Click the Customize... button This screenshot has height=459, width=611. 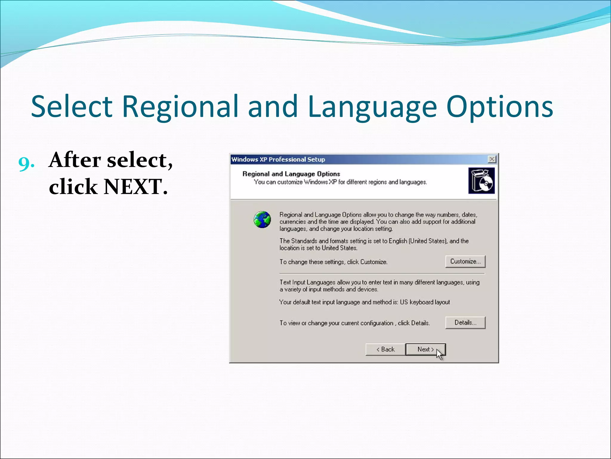pos(465,261)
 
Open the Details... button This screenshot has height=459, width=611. pos(465,323)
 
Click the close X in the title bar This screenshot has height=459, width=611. pos(492,159)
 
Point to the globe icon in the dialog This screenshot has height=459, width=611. pos(262,220)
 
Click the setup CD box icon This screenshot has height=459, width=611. pos(481,181)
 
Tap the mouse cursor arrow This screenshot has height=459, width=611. pos(439,354)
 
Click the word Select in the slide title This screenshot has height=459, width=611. pos(72,107)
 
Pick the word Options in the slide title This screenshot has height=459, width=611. pos(500,107)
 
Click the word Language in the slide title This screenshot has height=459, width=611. pos(372,107)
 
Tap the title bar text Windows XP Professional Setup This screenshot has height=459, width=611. pos(278,159)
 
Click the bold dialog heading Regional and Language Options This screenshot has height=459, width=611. pos(291,174)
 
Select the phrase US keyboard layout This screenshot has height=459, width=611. pos(425,302)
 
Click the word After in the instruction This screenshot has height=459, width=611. pos(75,160)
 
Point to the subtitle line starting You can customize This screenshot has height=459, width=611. pos(340,182)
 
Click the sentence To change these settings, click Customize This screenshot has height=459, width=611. pos(333,262)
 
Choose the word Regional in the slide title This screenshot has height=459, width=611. pos(180,107)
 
